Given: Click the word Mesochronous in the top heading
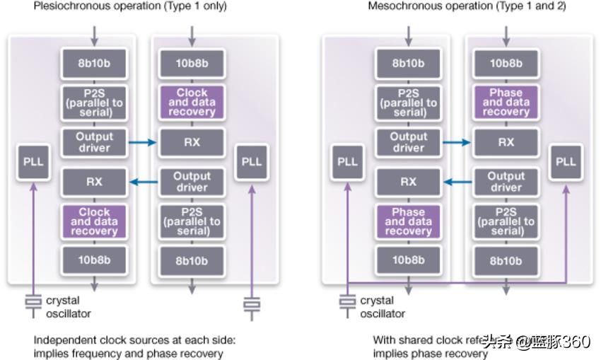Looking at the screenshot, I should pos(400,6).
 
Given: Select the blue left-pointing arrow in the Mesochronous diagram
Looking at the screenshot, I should pos(457,182).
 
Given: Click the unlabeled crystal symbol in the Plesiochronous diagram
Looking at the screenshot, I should pos(252,304).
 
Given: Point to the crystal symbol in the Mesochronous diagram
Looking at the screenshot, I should pos(346,301).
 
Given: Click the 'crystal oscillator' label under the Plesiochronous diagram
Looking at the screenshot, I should pos(69,307).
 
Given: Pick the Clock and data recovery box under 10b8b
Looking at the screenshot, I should pos(192,103).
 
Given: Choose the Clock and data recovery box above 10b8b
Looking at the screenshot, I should pos(94,221).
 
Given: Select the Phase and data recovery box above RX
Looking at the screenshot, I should pos(506,103).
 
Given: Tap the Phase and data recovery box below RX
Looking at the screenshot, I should pos(408,221).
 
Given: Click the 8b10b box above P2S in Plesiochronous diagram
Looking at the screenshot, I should pos(94,64).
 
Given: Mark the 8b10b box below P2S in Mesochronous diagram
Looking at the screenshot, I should pos(506,260).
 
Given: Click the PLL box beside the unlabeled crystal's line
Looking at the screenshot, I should pos(251,161).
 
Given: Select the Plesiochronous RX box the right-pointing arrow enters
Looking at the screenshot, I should pos(192,142).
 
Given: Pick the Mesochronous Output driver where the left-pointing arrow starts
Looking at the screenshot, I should pos(506,182).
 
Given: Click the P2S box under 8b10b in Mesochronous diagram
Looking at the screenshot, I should pos(408,103).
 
